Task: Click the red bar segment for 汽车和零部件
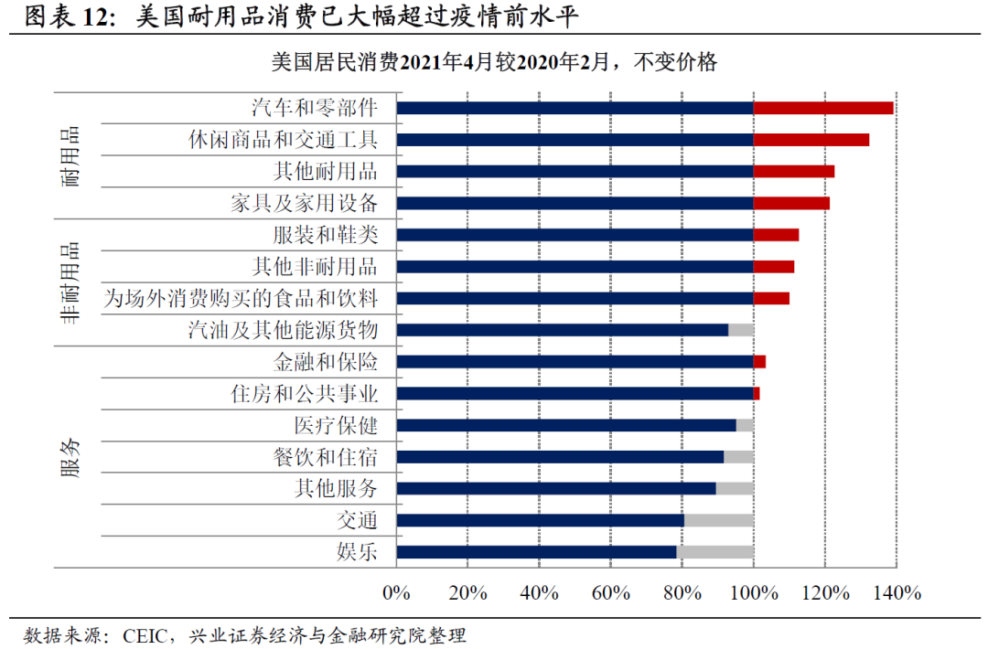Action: (x=822, y=108)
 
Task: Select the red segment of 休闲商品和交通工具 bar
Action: (x=811, y=140)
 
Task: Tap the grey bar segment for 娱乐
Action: (x=714, y=552)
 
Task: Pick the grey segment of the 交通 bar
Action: (x=718, y=520)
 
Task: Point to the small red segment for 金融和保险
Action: (x=759, y=362)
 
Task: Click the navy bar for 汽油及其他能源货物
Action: (x=562, y=330)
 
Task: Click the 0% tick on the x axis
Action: (x=396, y=593)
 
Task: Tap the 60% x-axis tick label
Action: (x=610, y=593)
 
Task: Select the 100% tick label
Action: (x=753, y=593)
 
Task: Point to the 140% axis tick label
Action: (x=897, y=593)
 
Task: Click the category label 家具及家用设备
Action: (x=304, y=203)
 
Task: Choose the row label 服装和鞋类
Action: (x=325, y=235)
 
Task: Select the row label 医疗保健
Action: (x=336, y=425)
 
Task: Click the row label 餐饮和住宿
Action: (x=325, y=457)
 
